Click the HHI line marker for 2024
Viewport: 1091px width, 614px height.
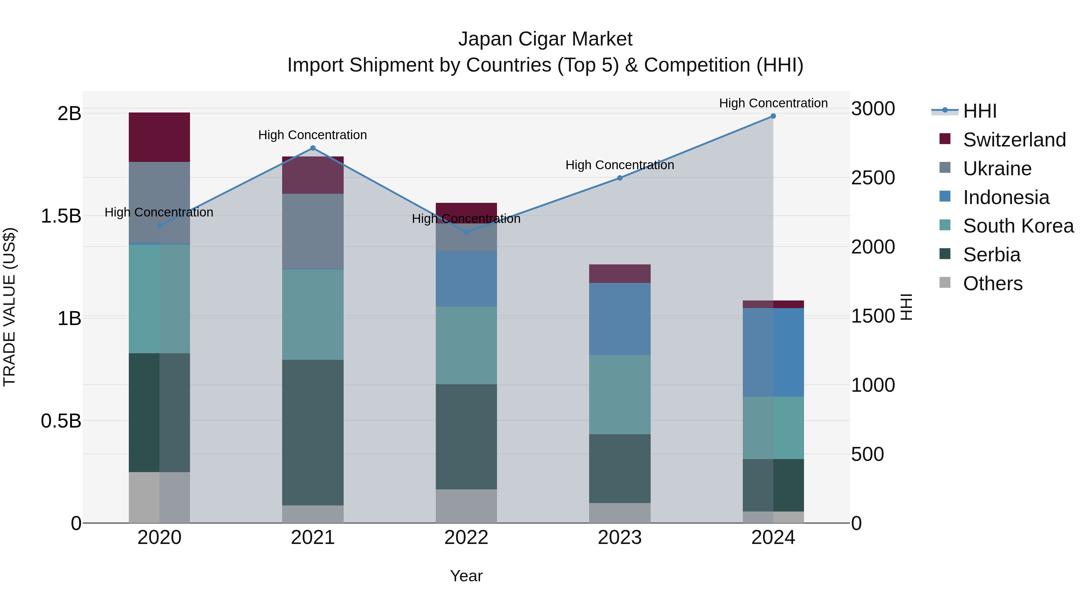pyautogui.click(x=773, y=116)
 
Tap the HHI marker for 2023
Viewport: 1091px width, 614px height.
pyautogui.click(x=620, y=178)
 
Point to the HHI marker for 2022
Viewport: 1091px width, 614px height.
pyautogui.click(x=466, y=232)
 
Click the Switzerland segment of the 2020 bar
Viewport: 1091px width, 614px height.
pyautogui.click(x=159, y=137)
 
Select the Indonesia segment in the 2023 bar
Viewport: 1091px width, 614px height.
pyautogui.click(x=620, y=319)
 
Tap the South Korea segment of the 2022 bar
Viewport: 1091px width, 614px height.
pyautogui.click(x=466, y=345)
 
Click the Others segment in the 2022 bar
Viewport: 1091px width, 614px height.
pyautogui.click(x=466, y=506)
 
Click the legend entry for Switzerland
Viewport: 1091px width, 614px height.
pyautogui.click(x=1014, y=140)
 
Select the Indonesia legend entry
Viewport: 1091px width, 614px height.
pyautogui.click(x=1006, y=197)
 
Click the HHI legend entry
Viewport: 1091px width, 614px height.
pyautogui.click(x=979, y=111)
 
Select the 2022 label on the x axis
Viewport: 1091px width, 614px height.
pyautogui.click(x=466, y=538)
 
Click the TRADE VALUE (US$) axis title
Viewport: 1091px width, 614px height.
pyautogui.click(x=10, y=307)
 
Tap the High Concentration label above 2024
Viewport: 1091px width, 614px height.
pyautogui.click(x=773, y=103)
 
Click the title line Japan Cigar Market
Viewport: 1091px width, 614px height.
pyautogui.click(x=545, y=39)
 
